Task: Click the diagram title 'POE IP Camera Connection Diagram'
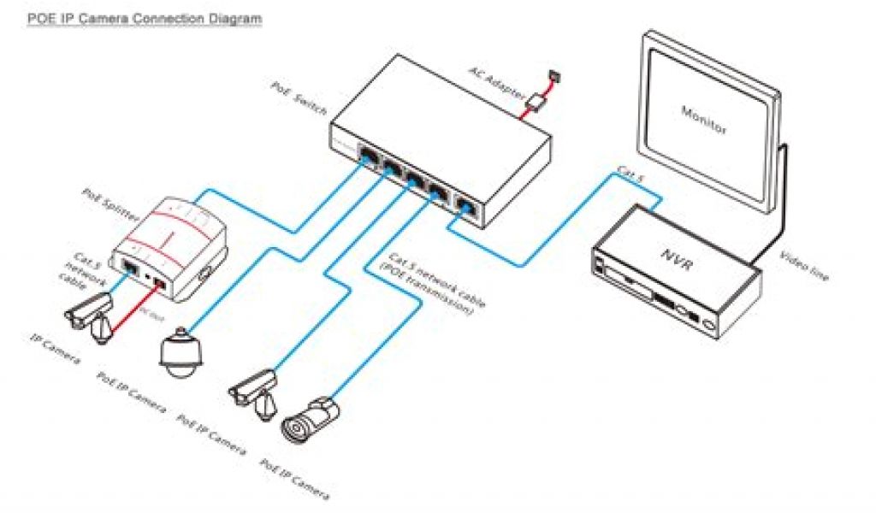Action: [x=143, y=18]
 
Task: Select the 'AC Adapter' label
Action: [x=496, y=85]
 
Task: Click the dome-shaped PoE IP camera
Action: [x=179, y=351]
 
